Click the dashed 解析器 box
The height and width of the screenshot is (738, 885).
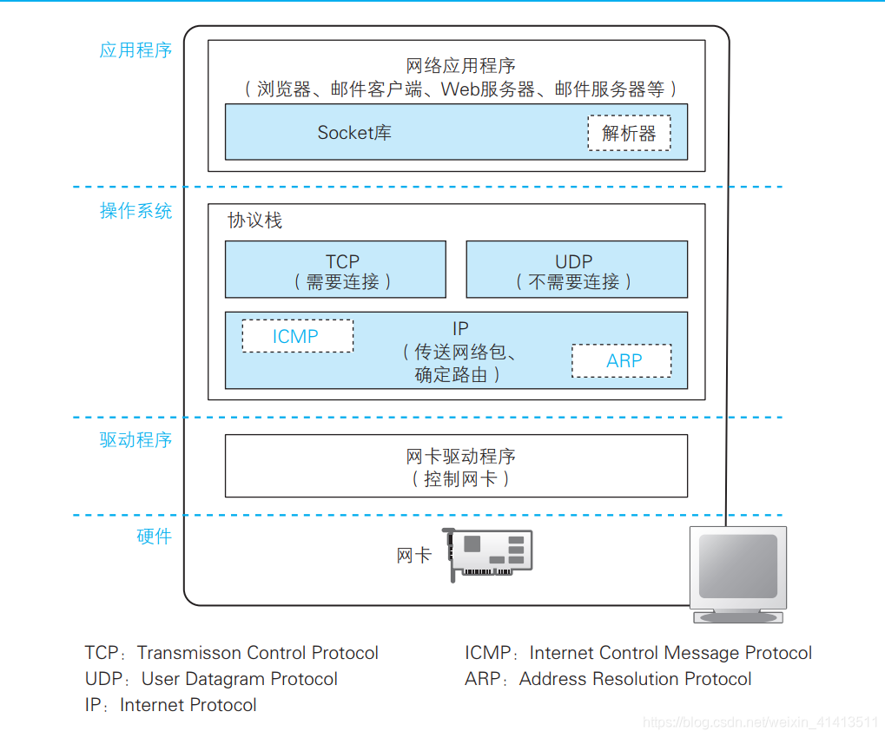coord(629,134)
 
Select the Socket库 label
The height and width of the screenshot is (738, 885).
coord(354,133)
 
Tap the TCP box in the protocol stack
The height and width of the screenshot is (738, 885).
coord(335,270)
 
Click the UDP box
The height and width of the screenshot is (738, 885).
coord(577,270)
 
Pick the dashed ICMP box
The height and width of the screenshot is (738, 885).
coord(297,336)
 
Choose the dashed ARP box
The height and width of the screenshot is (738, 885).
coord(621,361)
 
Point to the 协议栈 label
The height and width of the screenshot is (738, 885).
coord(254,221)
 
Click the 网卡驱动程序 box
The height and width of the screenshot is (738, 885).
coord(456,466)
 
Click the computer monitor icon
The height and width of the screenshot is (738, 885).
coord(737,573)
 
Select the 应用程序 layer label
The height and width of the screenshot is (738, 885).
coord(135,50)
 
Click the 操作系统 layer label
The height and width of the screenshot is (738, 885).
coord(135,211)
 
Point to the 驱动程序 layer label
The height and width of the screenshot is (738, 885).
coord(135,440)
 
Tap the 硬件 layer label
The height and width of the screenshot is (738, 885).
coord(154,537)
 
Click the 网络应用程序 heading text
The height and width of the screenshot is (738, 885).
coord(460,66)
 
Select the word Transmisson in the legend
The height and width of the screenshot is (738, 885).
coord(190,653)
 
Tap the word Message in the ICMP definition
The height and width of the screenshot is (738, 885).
coord(701,653)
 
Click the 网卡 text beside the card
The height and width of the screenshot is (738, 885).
coord(413,556)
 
